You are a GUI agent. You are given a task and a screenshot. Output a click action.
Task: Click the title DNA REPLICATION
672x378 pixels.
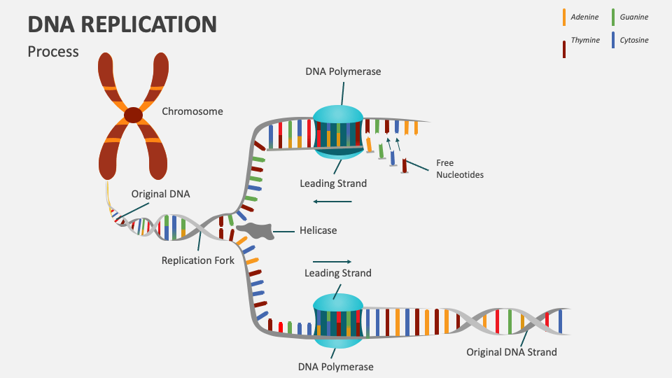122,24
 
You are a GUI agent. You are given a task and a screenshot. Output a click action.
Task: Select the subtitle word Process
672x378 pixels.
53,52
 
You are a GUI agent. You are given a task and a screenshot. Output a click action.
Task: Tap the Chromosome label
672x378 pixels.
192,111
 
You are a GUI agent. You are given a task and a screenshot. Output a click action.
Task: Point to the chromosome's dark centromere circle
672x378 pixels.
133,114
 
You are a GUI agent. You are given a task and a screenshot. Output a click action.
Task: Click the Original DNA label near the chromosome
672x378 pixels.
160,194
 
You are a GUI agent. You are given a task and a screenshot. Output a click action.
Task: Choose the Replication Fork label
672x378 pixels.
198,260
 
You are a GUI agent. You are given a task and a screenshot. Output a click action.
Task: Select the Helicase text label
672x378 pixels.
318,230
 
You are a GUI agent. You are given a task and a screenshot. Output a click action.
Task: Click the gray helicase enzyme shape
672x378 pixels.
255,231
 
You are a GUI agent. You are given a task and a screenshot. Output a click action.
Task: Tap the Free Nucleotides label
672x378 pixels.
460,169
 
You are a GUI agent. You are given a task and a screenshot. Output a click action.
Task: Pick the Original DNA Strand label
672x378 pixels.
512,352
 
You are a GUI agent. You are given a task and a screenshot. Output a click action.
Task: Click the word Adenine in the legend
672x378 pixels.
584,17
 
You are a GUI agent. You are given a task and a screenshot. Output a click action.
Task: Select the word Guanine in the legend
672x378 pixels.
634,17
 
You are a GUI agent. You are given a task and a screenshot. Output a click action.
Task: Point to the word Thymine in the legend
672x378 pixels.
585,41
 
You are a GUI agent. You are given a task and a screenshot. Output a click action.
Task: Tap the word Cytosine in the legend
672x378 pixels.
634,41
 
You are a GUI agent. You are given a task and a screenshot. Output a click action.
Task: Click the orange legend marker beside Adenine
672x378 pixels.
564,17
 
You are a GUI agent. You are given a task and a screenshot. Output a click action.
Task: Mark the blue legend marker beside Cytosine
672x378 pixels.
613,40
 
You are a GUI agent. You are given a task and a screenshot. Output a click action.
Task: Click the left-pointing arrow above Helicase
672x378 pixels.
332,202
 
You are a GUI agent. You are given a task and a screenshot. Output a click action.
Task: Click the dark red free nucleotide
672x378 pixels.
405,166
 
